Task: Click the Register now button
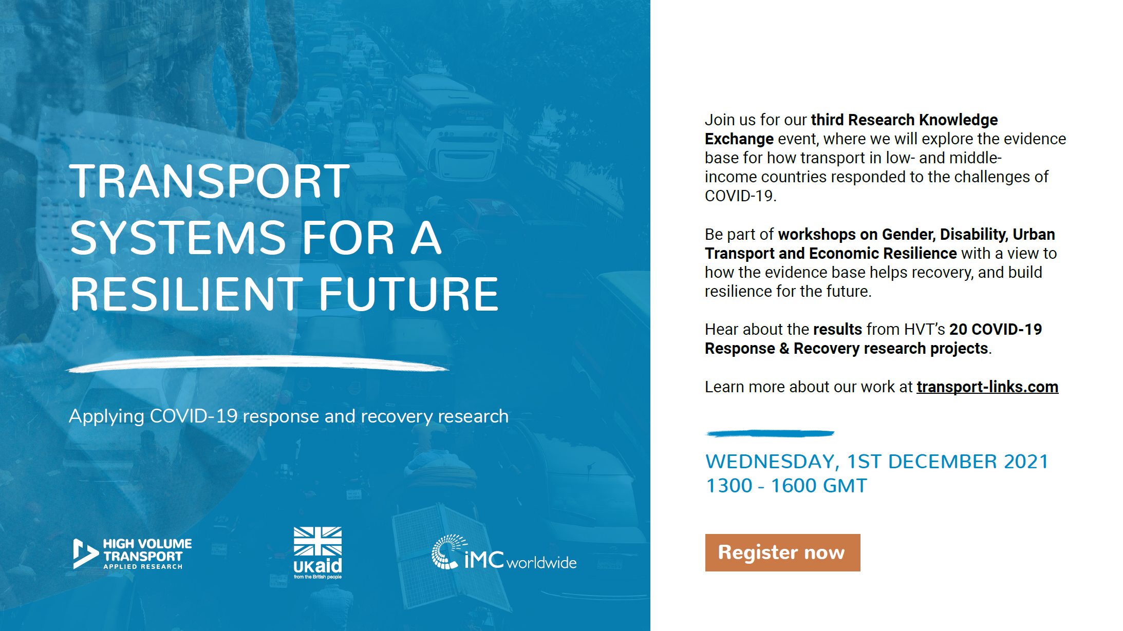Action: click(782, 552)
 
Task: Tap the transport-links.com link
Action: click(987, 387)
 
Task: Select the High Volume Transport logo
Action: click(133, 554)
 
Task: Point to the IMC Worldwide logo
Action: click(504, 552)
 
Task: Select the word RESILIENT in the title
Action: click(186, 294)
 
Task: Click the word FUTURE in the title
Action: click(409, 294)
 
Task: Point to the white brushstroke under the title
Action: click(257, 363)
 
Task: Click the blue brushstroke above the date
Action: click(770, 434)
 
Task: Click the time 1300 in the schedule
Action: click(729, 486)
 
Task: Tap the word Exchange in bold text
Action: click(739, 139)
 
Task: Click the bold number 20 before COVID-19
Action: click(958, 329)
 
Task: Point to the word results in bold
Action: click(837, 329)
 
